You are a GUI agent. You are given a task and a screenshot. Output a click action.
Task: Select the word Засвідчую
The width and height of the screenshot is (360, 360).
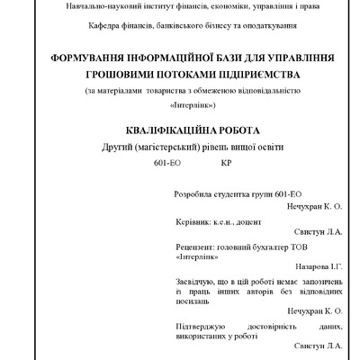[195, 283]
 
